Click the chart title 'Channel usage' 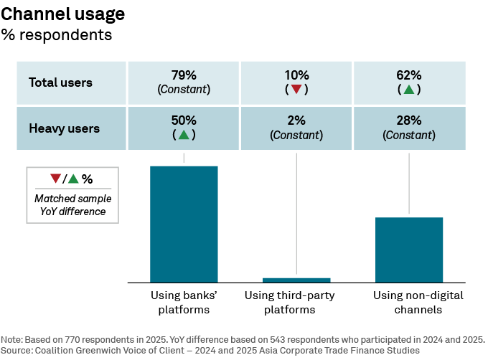tap(63, 14)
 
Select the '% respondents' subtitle tap(57, 34)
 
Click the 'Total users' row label tap(60, 82)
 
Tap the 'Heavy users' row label tap(64, 128)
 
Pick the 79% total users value tap(184, 75)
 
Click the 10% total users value tap(296, 75)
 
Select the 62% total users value tap(408, 75)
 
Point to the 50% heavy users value tap(184, 120)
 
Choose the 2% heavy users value tap(296, 120)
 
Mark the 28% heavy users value tap(408, 120)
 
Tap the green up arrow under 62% tap(408, 90)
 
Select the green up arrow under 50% tap(184, 135)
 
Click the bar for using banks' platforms tap(184, 224)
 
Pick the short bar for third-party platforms tap(296, 280)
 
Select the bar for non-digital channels tap(408, 250)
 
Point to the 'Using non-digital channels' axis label tap(408, 303)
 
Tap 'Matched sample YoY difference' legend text tap(72, 205)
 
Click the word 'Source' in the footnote tap(17, 350)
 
